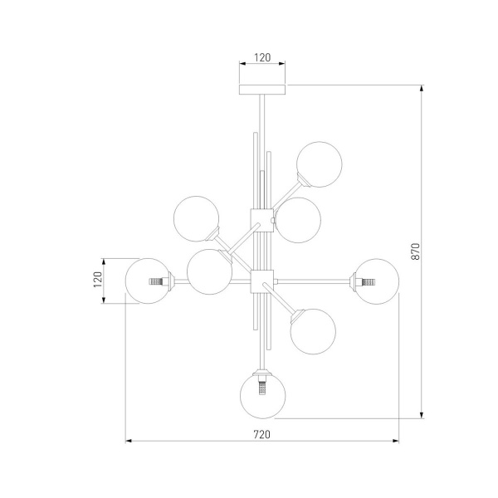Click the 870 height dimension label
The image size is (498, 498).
point(416,251)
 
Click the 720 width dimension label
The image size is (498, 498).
point(262,434)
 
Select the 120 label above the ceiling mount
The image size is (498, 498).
point(262,57)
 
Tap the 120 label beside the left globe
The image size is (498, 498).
point(98,280)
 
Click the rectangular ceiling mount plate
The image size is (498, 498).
point(262,90)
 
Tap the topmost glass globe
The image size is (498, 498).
point(320,164)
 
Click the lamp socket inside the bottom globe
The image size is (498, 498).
point(262,386)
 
